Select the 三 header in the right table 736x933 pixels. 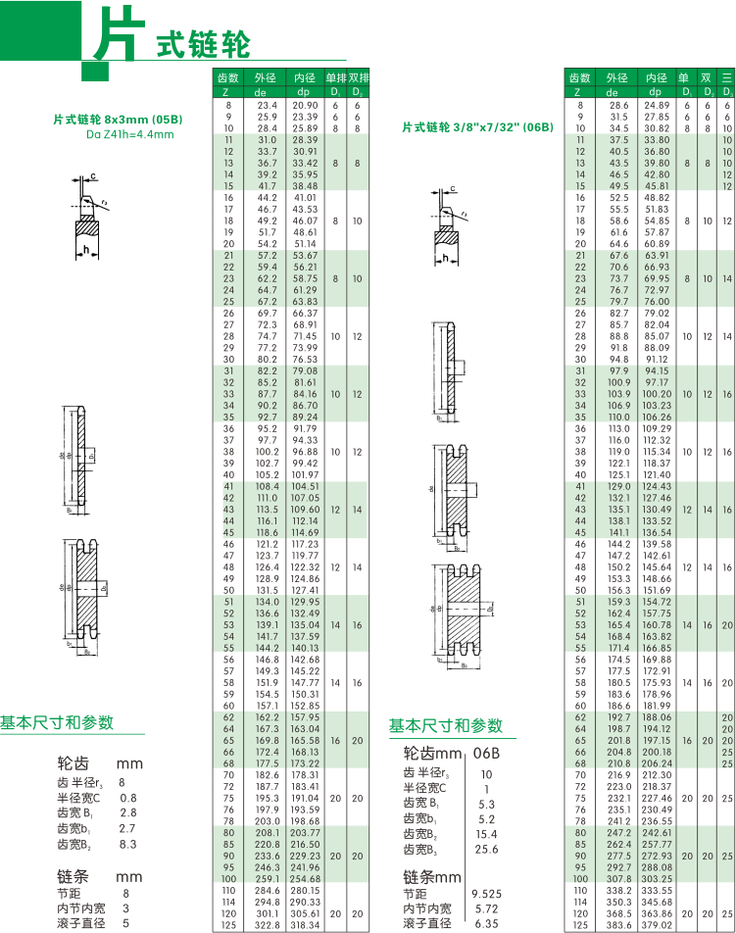pyautogui.click(x=726, y=77)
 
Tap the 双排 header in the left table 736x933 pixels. pyautogui.click(x=359, y=77)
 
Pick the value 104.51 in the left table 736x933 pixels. pyautogui.click(x=306, y=487)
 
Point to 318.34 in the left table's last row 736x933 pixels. pyautogui.click(x=306, y=924)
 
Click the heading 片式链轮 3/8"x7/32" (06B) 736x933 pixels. pyautogui.click(x=477, y=127)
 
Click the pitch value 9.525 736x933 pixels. pyautogui.click(x=485, y=894)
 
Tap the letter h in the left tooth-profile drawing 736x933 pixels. pyautogui.click(x=87, y=251)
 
